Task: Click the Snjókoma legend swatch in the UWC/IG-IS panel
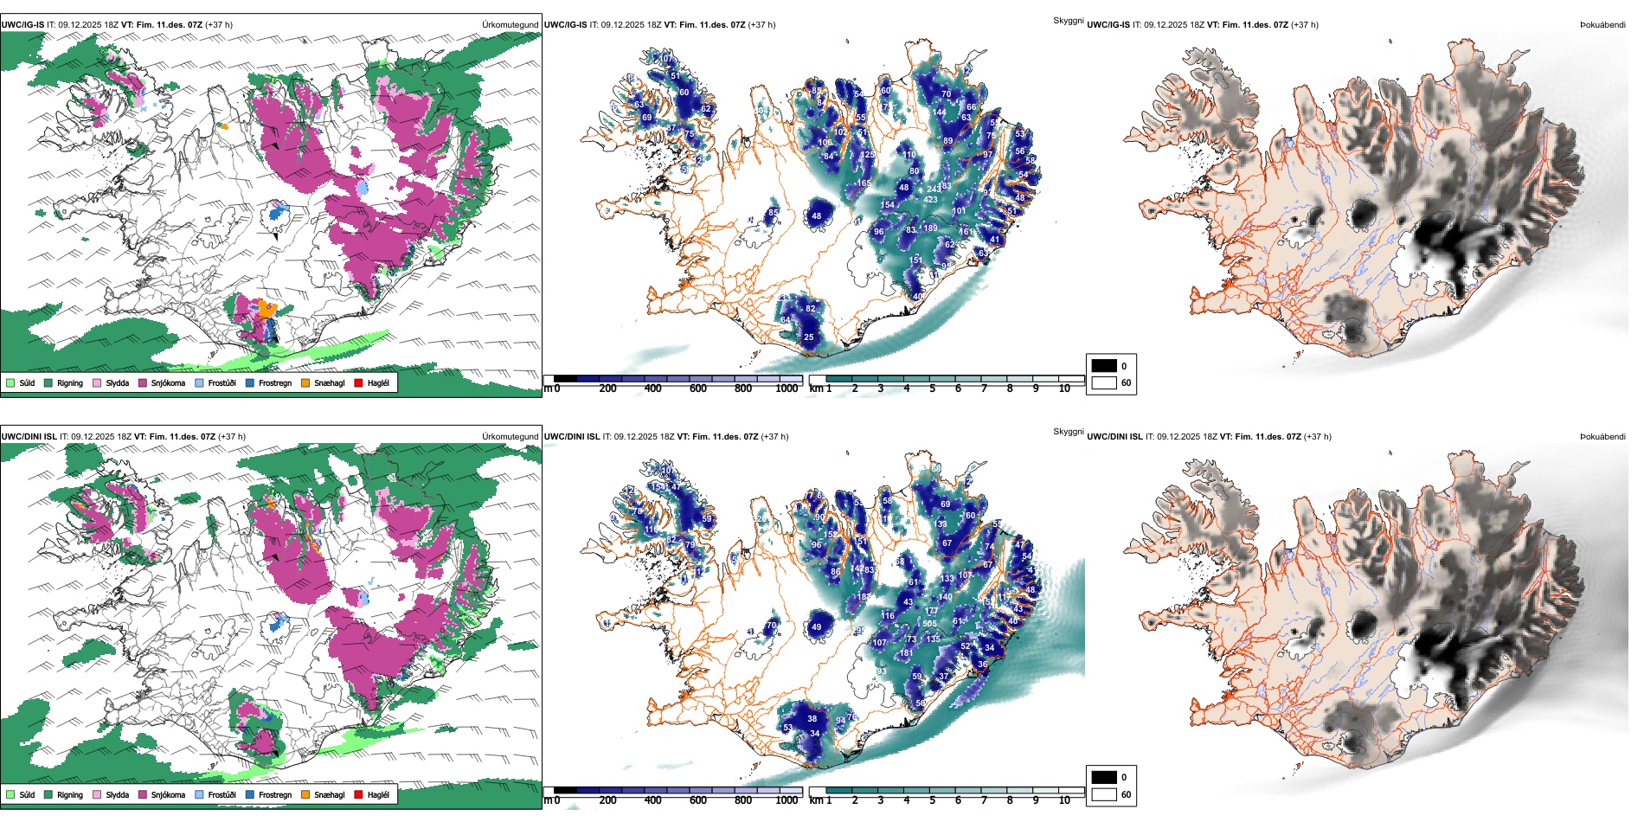pos(143,382)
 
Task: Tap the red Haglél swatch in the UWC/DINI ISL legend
pos(358,794)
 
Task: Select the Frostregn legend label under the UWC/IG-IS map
pos(274,382)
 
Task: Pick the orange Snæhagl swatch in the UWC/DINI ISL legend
pos(305,794)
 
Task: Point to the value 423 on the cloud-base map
pos(930,199)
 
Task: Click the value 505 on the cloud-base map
pos(929,624)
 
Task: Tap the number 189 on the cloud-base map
pos(930,228)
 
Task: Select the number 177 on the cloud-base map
pos(931,611)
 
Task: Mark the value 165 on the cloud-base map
pos(864,183)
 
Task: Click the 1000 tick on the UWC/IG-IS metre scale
pos(787,389)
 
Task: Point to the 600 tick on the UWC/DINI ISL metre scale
pos(697,800)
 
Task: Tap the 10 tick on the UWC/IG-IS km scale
pos(1064,389)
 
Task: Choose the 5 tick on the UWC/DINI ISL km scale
pos(932,800)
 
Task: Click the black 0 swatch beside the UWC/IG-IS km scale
pos(1104,366)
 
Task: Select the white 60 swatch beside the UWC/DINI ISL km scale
pos(1104,794)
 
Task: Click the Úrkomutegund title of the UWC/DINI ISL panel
pos(510,437)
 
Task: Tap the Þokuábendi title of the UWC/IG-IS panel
pos(1602,25)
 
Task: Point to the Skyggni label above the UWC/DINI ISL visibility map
pos(1068,432)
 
